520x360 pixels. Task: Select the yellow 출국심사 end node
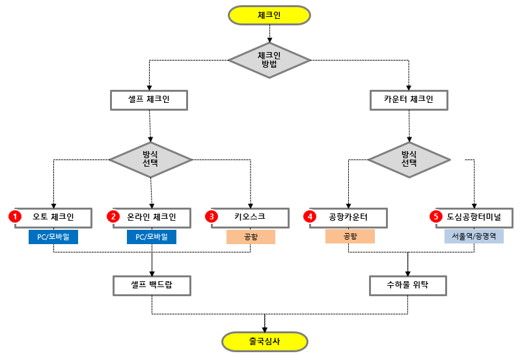(264, 341)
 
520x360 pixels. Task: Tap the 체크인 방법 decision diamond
(269, 60)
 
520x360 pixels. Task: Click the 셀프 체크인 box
(149, 100)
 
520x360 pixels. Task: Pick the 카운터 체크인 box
(408, 100)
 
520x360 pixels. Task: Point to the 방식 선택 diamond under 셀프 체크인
(150, 159)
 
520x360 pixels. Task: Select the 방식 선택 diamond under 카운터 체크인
(409, 159)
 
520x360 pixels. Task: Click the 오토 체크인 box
(53, 217)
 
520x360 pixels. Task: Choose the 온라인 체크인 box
(152, 217)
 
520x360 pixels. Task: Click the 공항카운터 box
(349, 217)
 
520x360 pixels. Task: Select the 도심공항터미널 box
(474, 217)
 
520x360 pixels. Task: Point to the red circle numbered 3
(212, 216)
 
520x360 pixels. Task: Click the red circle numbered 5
(436, 216)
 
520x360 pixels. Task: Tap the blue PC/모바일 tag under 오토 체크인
(53, 237)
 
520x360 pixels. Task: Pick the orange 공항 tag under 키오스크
(251, 237)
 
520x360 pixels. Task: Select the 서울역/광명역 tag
(474, 237)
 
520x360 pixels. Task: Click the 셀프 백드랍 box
(152, 285)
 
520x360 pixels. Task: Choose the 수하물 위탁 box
(408, 285)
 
